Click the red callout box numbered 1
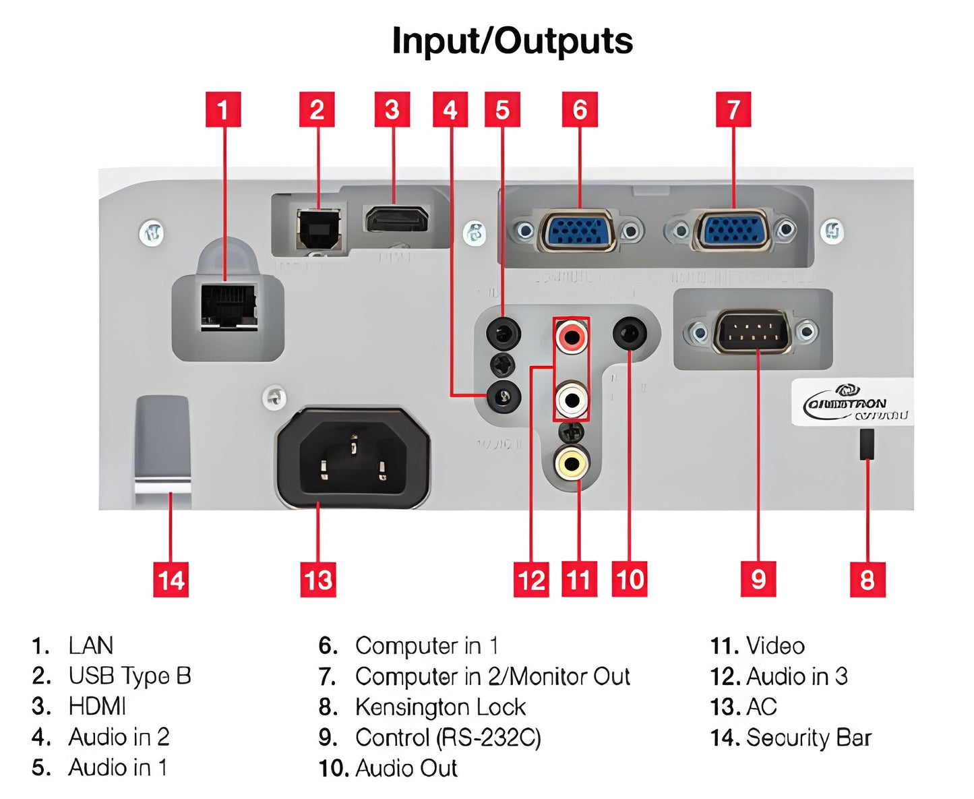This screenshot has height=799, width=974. click(x=223, y=110)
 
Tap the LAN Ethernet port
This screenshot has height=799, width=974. click(x=229, y=307)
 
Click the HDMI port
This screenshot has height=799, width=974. click(x=397, y=220)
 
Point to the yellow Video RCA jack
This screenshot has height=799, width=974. click(x=571, y=463)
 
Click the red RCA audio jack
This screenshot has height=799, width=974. click(x=571, y=335)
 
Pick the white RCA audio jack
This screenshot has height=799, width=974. click(x=571, y=399)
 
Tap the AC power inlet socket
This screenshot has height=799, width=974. click(x=353, y=458)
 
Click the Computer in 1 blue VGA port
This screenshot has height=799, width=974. click(x=578, y=231)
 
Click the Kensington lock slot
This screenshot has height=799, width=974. click(x=867, y=444)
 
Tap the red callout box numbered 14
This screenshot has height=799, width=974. click(x=171, y=580)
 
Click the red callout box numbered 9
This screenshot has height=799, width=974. click(x=758, y=579)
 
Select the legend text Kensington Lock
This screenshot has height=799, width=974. click(x=440, y=707)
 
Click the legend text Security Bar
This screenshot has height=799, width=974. click(x=808, y=738)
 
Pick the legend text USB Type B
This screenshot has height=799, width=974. click(x=129, y=676)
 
